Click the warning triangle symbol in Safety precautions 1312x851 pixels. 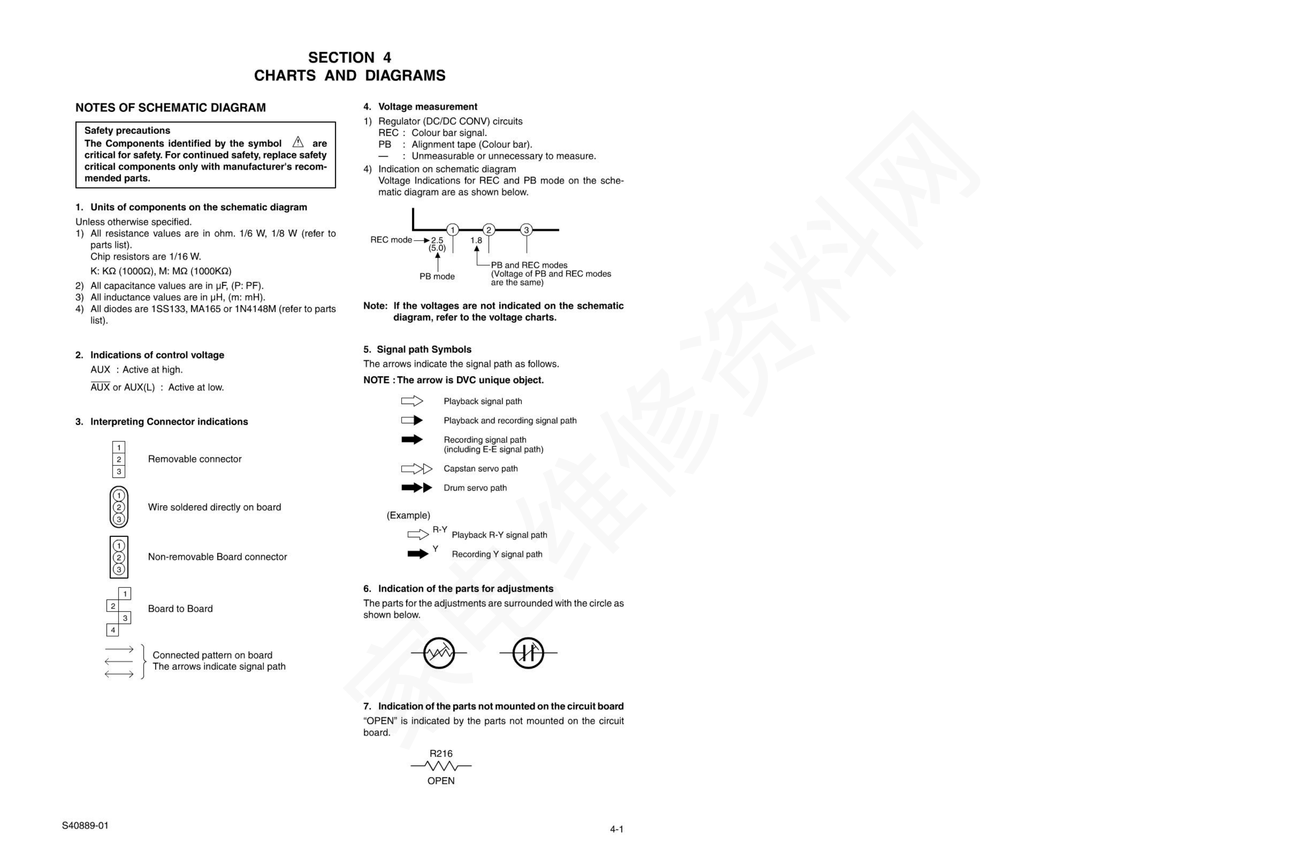tap(298, 142)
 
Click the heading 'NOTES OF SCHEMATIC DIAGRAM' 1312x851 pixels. tap(170, 108)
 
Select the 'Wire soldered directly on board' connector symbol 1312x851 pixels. tap(118, 507)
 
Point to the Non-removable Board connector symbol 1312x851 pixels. tap(118, 557)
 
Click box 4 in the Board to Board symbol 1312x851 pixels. tap(112, 630)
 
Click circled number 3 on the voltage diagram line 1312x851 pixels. tap(526, 230)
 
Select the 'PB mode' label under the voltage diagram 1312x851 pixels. tap(437, 276)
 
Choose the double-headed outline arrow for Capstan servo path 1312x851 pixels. tap(416, 469)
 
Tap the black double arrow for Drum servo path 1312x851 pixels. tap(416, 487)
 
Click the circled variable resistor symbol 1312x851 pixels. tap(439, 653)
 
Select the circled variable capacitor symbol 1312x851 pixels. tap(528, 653)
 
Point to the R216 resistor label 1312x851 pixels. tap(441, 753)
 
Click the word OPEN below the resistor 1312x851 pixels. tap(441, 781)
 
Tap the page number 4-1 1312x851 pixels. tap(616, 829)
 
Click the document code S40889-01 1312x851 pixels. tap(85, 826)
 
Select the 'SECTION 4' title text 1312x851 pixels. tap(350, 57)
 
